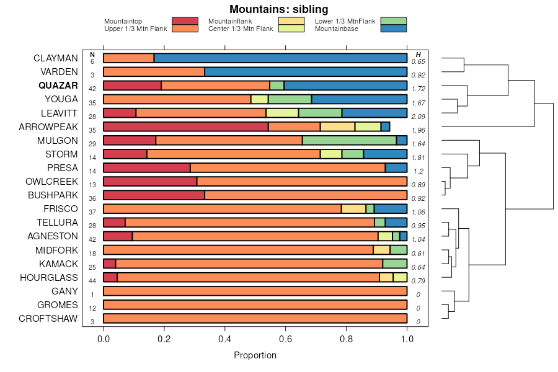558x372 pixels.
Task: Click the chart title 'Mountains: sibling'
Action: tap(278, 9)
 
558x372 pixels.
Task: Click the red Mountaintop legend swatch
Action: tap(185, 21)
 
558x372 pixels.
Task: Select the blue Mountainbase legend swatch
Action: tap(394, 28)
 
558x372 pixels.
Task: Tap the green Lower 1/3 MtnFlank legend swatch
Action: tap(394, 21)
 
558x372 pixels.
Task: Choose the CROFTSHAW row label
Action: tap(48, 319)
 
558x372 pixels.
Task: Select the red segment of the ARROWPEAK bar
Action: tap(185, 126)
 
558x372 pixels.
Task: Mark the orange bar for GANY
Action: tap(255, 291)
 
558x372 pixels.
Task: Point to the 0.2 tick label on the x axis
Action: tap(164, 339)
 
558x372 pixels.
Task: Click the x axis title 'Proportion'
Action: tap(255, 355)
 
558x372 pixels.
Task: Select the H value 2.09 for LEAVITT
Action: tap(419, 117)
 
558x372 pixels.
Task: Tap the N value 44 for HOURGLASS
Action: tap(92, 281)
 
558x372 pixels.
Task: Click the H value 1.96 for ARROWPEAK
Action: tap(419, 130)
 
